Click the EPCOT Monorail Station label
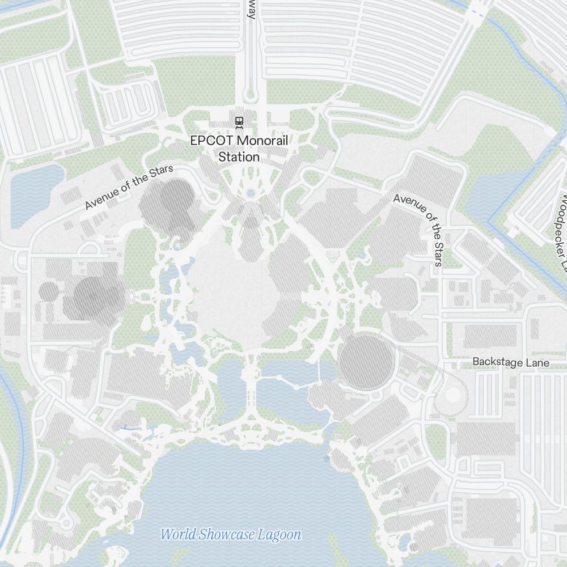(x=239, y=149)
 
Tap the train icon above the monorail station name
(x=239, y=121)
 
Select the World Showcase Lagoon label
(x=231, y=534)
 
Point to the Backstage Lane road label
(x=511, y=362)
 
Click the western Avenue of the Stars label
(x=129, y=187)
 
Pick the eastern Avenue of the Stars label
(x=418, y=228)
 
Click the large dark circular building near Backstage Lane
(x=366, y=362)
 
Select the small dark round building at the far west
(x=49, y=291)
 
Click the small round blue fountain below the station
(x=251, y=194)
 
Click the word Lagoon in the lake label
(x=279, y=534)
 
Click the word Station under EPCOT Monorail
(x=239, y=157)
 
